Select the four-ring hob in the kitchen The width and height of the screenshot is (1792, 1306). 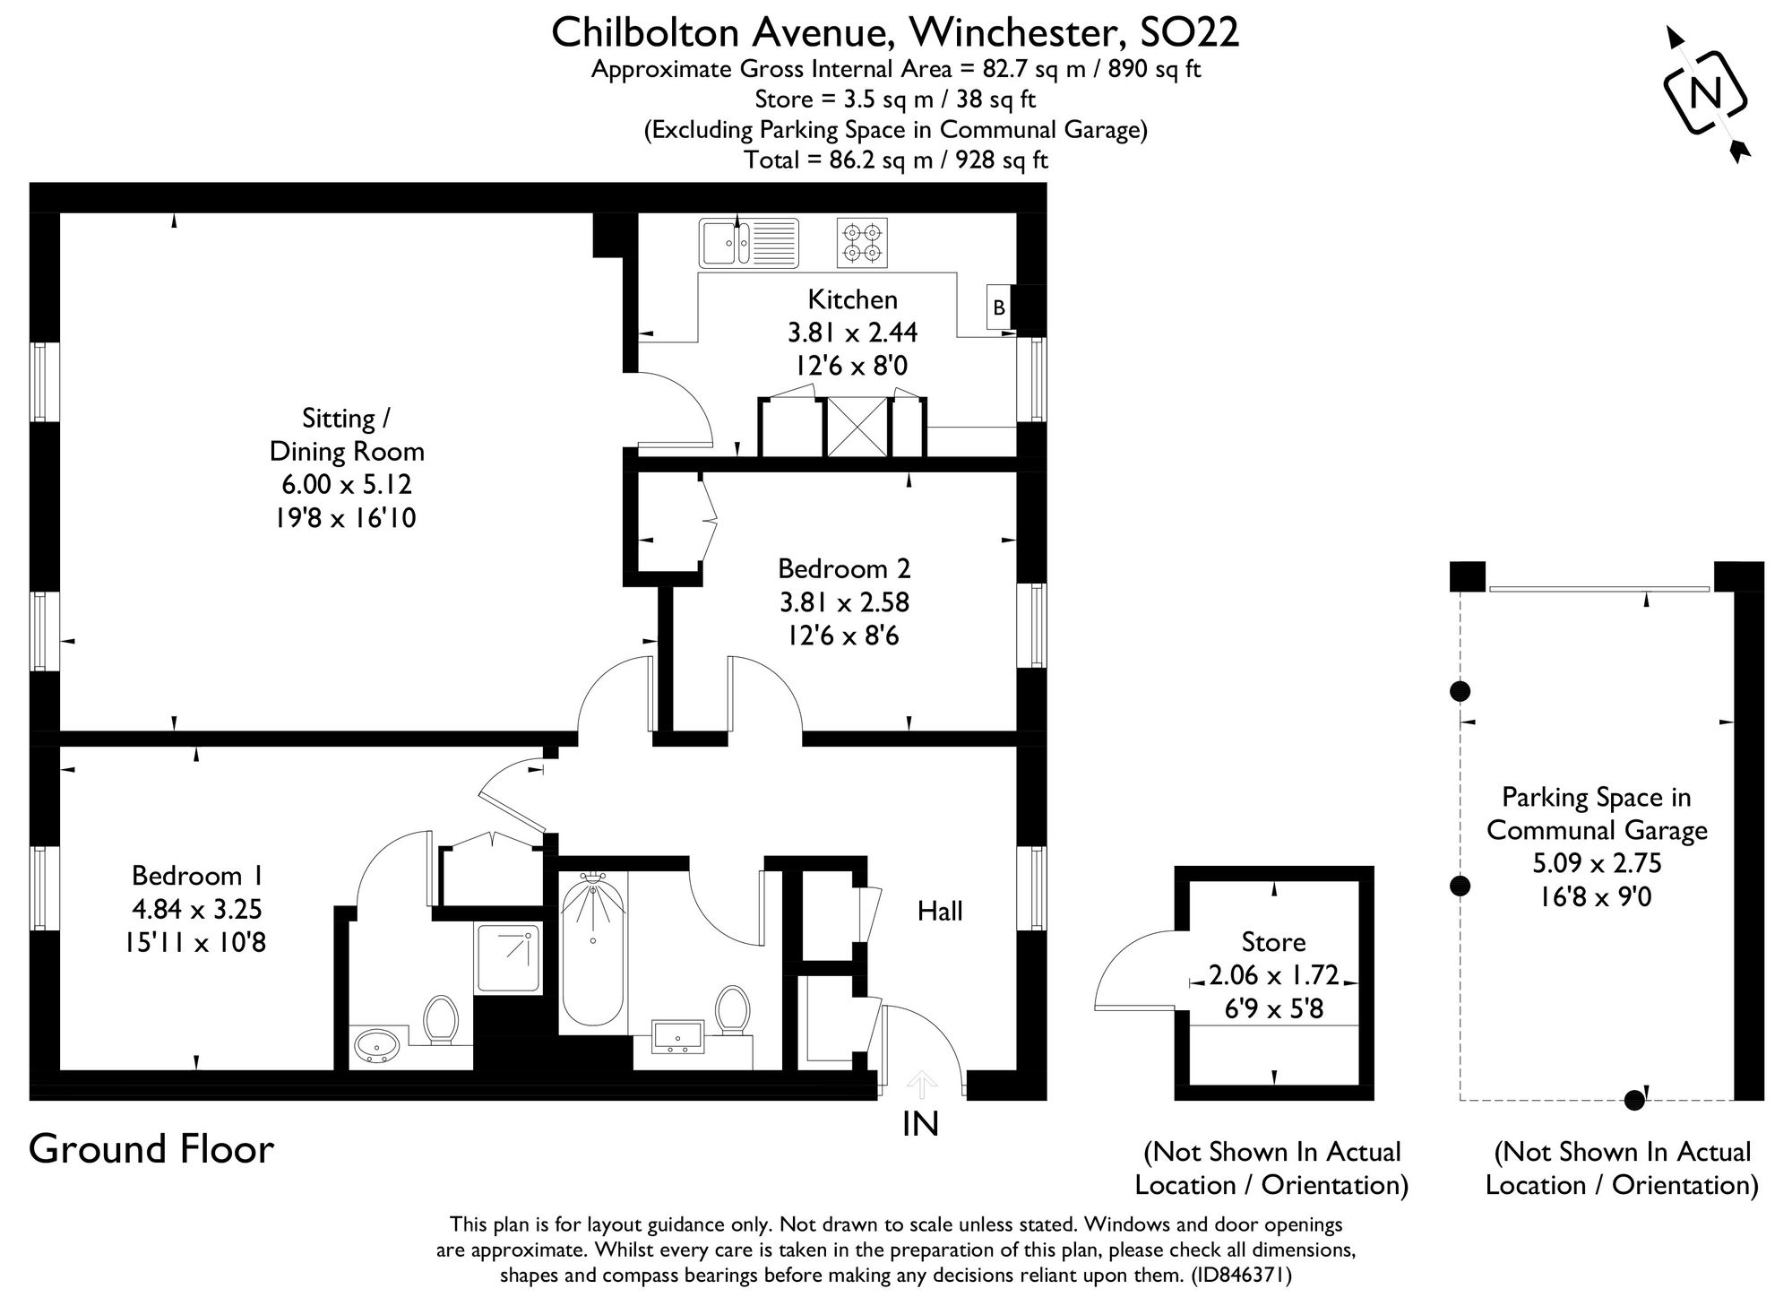click(x=862, y=243)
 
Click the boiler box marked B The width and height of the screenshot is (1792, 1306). click(x=999, y=307)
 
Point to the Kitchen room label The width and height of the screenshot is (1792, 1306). click(x=852, y=299)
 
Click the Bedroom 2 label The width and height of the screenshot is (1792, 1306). click(x=843, y=568)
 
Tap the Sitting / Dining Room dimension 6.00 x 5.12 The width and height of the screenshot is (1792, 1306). click(x=346, y=485)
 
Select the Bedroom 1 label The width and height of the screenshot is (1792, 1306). click(x=198, y=875)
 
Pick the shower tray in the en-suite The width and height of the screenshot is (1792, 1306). click(x=508, y=957)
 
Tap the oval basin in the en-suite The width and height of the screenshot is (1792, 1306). click(x=377, y=1046)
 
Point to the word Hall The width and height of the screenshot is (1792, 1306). click(x=939, y=912)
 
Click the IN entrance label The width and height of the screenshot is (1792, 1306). click(x=920, y=1123)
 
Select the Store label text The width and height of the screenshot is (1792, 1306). click(x=1273, y=942)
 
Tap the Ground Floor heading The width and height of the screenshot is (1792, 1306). click(x=151, y=1149)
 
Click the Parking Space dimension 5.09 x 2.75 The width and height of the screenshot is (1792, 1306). click(x=1597, y=863)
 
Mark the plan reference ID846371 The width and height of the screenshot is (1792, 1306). click(x=1241, y=1275)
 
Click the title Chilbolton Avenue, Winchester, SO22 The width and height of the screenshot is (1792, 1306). click(x=895, y=32)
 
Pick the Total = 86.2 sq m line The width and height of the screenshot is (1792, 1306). click(x=895, y=160)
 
